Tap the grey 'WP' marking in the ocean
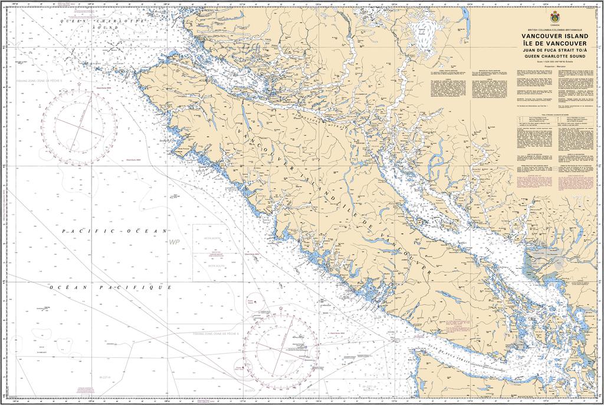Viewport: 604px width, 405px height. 173,242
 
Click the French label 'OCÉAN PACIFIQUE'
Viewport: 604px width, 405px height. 111,287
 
